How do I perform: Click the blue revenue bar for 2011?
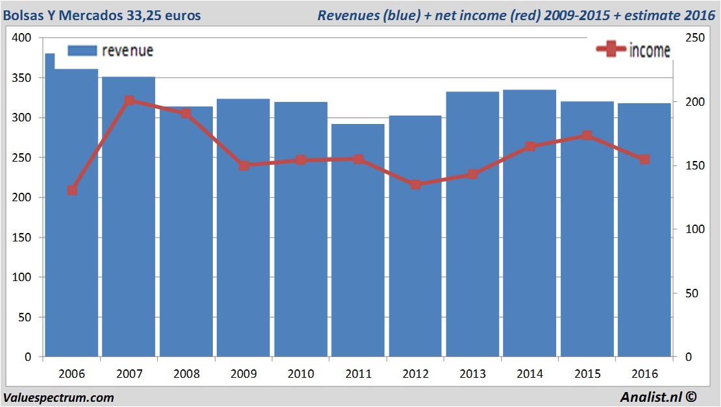[x=358, y=240]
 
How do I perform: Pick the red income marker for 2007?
[x=129, y=101]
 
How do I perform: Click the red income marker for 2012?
[x=415, y=184]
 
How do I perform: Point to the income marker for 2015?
[x=587, y=136]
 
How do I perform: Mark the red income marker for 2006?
[x=72, y=190]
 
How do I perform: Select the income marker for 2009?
[x=243, y=166]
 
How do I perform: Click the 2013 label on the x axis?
[x=472, y=374]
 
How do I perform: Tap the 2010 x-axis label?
[x=300, y=374]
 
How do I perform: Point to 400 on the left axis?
[x=22, y=38]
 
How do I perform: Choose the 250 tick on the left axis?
[x=22, y=158]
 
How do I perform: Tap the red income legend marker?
[x=610, y=50]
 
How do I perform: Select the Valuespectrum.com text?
[x=58, y=397]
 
